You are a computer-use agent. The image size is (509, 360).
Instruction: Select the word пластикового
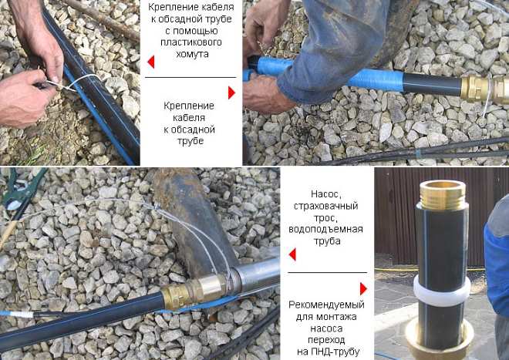click(191, 42)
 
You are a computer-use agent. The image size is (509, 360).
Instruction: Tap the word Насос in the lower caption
click(323, 194)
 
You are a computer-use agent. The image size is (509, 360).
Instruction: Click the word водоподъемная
click(325, 230)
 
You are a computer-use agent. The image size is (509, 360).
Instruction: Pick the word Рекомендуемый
click(326, 305)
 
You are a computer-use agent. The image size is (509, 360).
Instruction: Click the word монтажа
click(342, 317)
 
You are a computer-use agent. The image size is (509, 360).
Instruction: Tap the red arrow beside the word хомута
click(151, 62)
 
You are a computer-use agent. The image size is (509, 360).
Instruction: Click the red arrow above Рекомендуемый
click(363, 288)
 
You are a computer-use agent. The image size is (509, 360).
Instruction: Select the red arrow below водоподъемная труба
click(292, 254)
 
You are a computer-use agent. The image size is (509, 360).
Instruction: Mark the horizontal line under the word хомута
click(190, 78)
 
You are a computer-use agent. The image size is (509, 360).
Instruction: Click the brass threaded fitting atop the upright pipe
click(443, 196)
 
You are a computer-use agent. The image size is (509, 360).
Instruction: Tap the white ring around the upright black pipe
click(442, 291)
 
